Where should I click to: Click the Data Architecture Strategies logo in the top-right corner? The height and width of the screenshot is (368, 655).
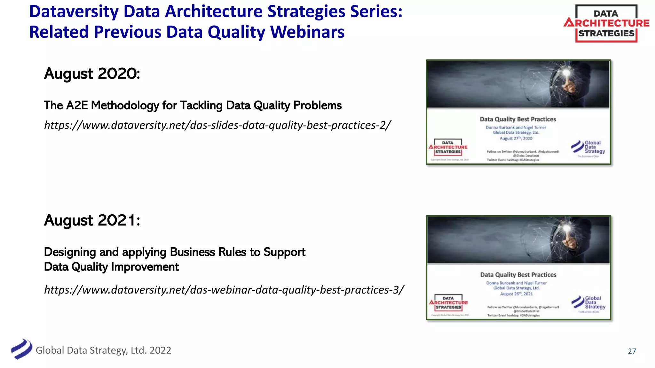(606, 23)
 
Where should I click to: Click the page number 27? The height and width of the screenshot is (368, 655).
(632, 351)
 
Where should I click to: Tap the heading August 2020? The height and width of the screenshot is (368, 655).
(92, 74)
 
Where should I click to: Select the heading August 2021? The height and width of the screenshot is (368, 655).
(92, 220)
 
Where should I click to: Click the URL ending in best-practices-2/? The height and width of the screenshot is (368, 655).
(217, 125)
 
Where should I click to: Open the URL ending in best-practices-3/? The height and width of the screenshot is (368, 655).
(224, 290)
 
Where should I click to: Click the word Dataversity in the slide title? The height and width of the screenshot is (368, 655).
(74, 11)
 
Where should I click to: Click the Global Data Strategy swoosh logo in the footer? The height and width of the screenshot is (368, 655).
(21, 349)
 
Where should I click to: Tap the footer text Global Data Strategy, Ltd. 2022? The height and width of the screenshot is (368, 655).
(103, 350)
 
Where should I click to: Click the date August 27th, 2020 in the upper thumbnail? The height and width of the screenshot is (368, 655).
(516, 138)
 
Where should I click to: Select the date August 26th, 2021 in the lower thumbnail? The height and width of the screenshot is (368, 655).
(517, 294)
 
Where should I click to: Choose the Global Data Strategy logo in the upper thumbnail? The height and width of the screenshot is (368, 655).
(588, 147)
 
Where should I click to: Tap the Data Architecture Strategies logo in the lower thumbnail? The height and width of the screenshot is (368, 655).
(448, 303)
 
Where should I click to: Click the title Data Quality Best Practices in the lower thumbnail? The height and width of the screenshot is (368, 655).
(518, 275)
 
